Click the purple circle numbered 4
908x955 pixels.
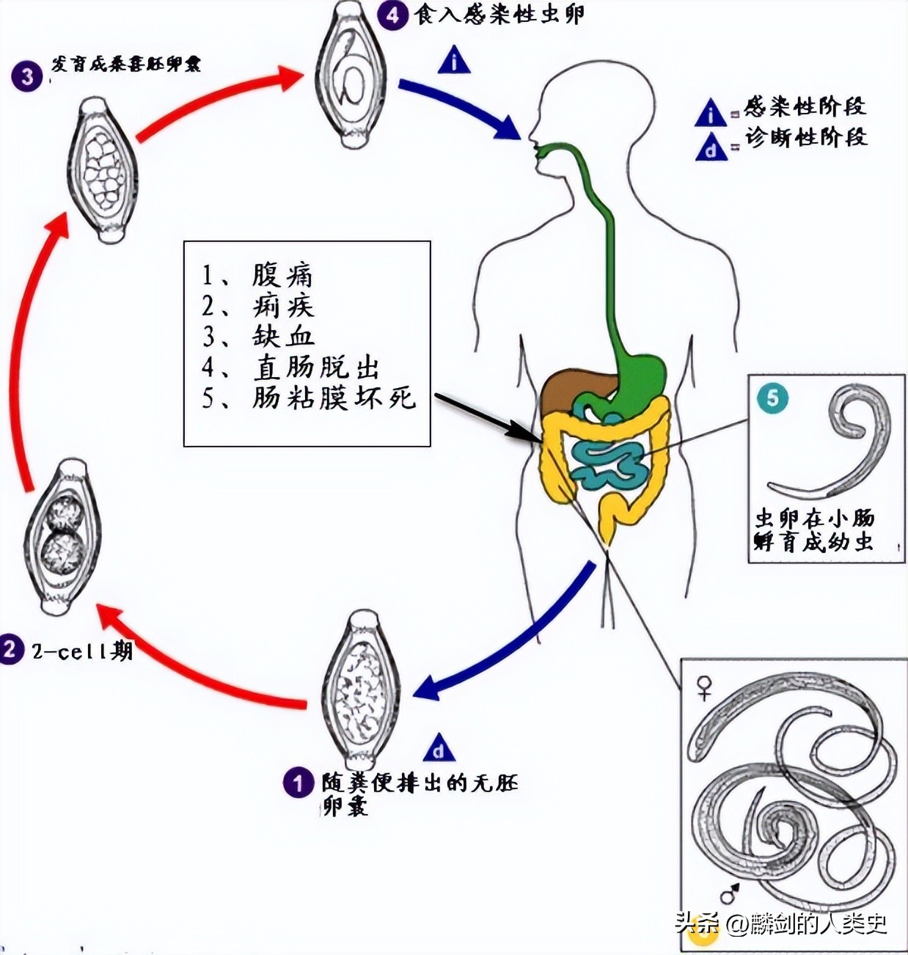[393, 15]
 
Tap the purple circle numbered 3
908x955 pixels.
[27, 76]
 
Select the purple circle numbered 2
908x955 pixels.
[11, 649]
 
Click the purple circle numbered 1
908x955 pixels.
[298, 783]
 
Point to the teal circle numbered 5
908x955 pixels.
[773, 399]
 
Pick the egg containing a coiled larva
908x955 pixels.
[351, 75]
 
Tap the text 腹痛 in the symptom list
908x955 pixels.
[282, 275]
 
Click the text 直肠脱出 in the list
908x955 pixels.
[316, 367]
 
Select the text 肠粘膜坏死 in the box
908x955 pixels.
[334, 398]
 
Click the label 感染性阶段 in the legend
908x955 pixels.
[805, 106]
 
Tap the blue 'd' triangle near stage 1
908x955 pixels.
[439, 749]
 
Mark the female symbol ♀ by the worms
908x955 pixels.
[704, 687]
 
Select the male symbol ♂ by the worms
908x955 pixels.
[729, 894]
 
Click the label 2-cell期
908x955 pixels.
[81, 651]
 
